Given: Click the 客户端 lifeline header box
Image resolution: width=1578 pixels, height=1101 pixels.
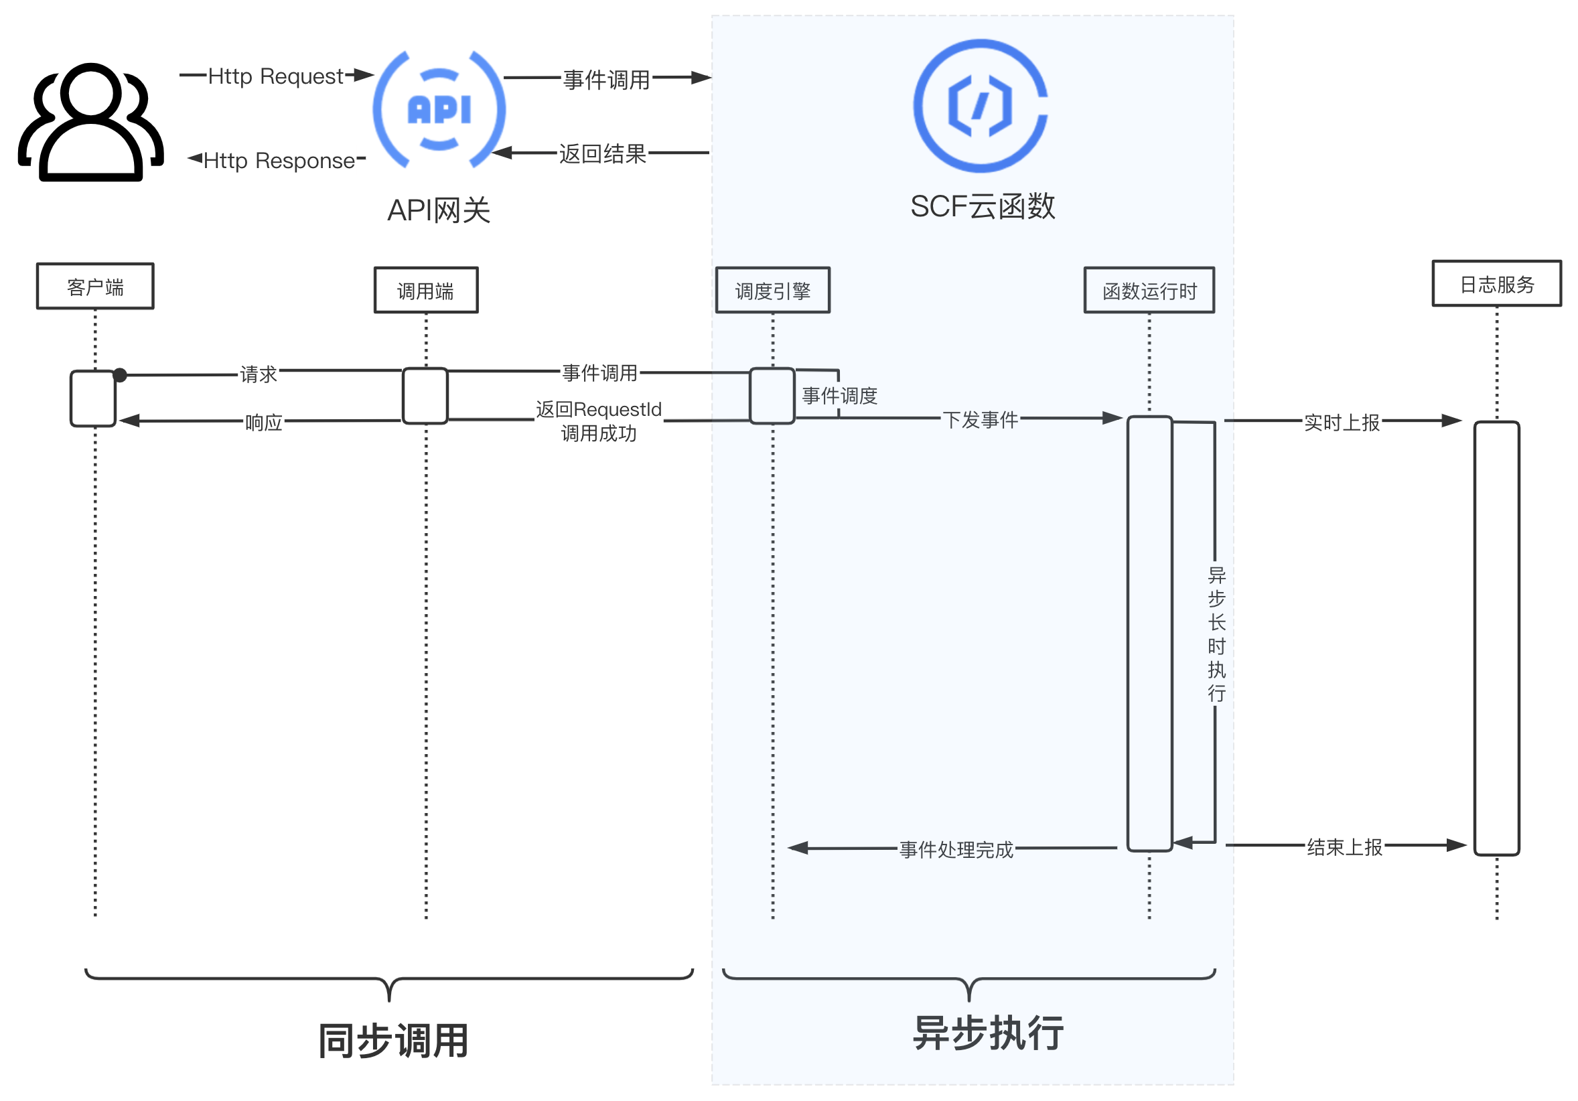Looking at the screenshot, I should pyautogui.click(x=95, y=286).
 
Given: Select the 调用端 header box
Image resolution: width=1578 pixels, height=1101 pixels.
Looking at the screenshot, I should pyautogui.click(x=425, y=290).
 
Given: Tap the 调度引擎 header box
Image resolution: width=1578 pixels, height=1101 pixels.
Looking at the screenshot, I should pyautogui.click(x=772, y=290).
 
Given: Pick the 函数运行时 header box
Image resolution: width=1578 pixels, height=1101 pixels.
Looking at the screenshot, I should pyautogui.click(x=1149, y=290).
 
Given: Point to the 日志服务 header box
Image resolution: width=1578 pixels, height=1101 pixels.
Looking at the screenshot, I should pyautogui.click(x=1496, y=283).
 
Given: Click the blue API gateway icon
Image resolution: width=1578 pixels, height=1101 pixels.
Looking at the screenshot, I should pyautogui.click(x=439, y=109).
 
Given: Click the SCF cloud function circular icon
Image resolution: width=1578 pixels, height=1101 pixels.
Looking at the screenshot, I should pyautogui.click(x=980, y=106).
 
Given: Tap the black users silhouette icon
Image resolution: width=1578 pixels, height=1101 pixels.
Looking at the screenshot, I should pyautogui.click(x=90, y=123).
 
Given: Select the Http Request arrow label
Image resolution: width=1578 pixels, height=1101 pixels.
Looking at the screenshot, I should pyautogui.click(x=275, y=76).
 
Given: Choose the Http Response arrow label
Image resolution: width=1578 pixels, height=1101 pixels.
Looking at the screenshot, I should pyautogui.click(x=279, y=160).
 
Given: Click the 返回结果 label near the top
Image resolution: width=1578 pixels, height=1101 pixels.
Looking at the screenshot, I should pyautogui.click(x=602, y=153).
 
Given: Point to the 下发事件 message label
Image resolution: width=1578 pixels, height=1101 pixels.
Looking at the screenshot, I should pyautogui.click(x=980, y=419).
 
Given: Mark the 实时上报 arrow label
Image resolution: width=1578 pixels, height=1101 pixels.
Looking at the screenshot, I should pyautogui.click(x=1342, y=422).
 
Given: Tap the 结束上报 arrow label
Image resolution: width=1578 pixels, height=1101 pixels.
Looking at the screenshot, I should pyautogui.click(x=1344, y=847).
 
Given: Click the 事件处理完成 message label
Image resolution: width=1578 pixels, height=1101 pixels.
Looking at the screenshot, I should pyautogui.click(x=956, y=849).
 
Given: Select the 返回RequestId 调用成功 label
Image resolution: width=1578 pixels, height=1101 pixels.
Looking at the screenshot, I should pyautogui.click(x=599, y=421).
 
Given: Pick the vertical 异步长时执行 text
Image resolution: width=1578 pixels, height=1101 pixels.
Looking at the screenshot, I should pyautogui.click(x=1216, y=634).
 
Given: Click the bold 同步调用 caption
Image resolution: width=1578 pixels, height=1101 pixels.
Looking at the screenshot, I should pyautogui.click(x=393, y=1040).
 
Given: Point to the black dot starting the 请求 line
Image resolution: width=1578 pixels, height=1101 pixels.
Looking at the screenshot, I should pyautogui.click(x=121, y=374).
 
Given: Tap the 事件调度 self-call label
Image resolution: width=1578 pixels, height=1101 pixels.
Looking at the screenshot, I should pyautogui.click(x=839, y=395).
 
